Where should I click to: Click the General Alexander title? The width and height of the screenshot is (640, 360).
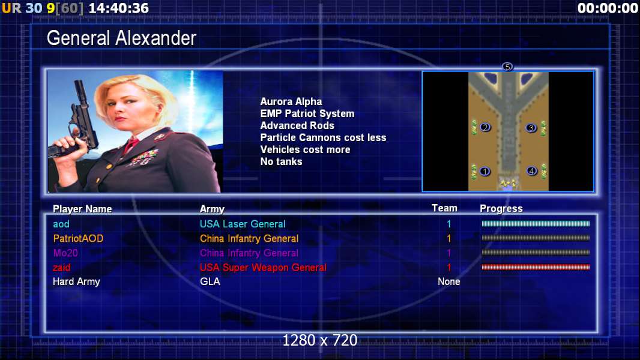(x=121, y=38)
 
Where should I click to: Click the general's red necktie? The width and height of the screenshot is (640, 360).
(x=131, y=145)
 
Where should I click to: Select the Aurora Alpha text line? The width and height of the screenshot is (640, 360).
(x=291, y=101)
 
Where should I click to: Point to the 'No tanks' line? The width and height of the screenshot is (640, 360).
(x=281, y=161)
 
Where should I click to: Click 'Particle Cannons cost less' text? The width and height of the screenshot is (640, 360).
(x=323, y=137)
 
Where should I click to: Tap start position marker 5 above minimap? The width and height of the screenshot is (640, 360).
(x=507, y=67)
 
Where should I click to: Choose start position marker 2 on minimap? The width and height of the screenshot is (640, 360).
(x=485, y=127)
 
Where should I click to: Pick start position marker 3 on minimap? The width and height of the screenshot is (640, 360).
(x=531, y=128)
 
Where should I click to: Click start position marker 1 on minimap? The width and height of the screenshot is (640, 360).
(x=485, y=171)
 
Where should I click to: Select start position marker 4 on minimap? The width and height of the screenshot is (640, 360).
(x=531, y=171)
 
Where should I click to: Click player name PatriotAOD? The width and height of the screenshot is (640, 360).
(x=78, y=239)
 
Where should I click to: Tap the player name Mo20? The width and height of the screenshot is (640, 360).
(x=65, y=253)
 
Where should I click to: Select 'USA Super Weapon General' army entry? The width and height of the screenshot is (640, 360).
(x=263, y=268)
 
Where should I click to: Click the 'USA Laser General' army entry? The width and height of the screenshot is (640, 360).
(x=243, y=224)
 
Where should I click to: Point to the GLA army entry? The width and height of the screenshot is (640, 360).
(x=210, y=281)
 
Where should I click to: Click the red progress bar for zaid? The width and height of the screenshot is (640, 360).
(x=536, y=267)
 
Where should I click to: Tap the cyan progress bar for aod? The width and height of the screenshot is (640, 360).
(x=536, y=223)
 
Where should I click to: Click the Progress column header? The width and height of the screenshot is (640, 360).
(x=501, y=208)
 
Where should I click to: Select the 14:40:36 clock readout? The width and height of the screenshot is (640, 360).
(x=118, y=8)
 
